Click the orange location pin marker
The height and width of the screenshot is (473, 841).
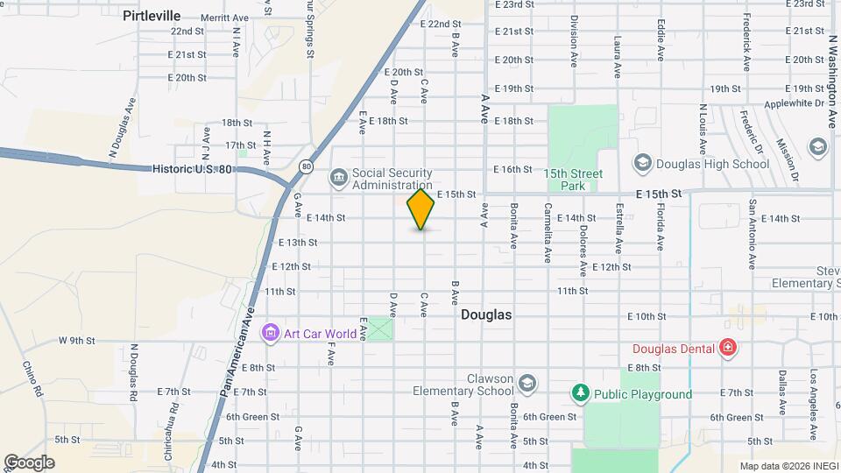pos(421,209)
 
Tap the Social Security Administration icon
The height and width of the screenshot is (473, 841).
pos(339,179)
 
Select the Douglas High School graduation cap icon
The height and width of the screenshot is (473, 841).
pos(642,163)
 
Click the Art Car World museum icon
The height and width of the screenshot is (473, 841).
pos(270,333)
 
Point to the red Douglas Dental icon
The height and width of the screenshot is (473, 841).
pos(727,348)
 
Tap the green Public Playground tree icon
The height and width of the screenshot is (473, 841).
pos(579,393)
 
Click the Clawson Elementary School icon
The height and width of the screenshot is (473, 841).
pos(527,384)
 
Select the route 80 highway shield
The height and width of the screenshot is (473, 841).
pos(305,166)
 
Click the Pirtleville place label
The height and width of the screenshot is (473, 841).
pos(152,15)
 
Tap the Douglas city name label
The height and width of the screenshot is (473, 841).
pos(486,314)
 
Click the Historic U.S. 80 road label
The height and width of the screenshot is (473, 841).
pos(193,169)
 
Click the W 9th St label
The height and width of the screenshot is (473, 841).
pos(76,340)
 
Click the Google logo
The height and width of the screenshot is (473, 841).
pos(29,462)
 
